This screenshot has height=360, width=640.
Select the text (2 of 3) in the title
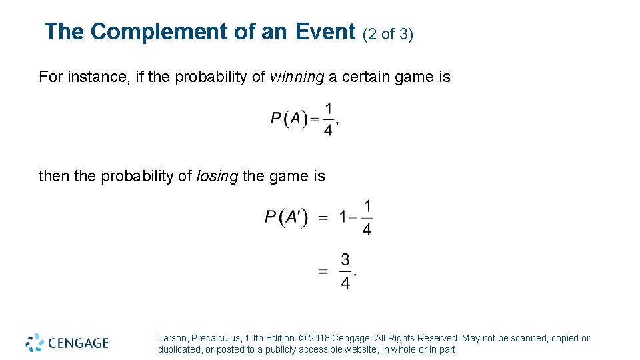388,34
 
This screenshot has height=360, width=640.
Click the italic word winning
297,77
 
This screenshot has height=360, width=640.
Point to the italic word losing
217,177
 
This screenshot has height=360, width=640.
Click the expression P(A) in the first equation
289,119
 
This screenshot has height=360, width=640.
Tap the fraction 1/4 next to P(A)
328,119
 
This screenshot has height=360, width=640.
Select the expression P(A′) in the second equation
286,217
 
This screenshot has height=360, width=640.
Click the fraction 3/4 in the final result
345,271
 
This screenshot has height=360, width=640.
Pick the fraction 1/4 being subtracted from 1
367,217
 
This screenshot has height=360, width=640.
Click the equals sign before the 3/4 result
323,271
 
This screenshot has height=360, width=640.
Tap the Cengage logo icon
35,343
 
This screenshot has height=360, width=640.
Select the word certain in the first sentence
367,77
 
